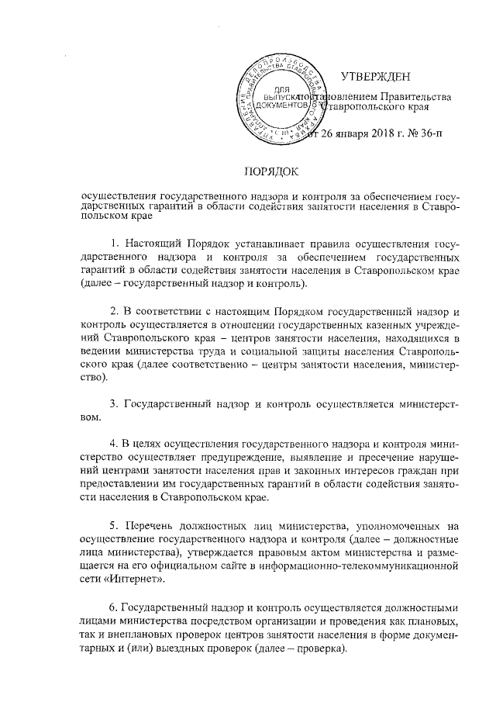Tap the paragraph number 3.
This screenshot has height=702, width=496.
click(x=114, y=403)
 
